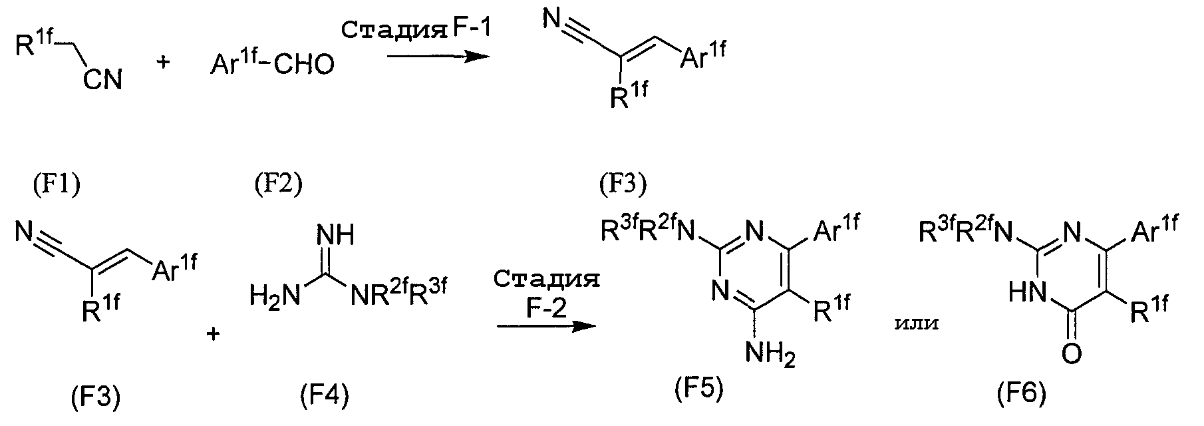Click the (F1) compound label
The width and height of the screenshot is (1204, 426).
(57, 185)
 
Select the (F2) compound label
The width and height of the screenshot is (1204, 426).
(278, 185)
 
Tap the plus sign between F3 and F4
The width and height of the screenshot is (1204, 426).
(214, 333)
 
